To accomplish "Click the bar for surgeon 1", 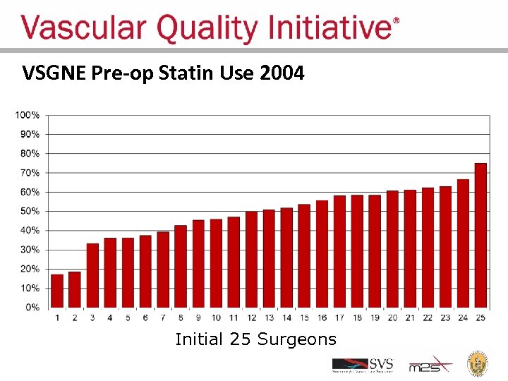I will pyautogui.click(x=57, y=291).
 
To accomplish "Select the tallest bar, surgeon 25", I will pyautogui.click(x=480, y=236).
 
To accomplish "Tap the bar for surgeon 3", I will pyautogui.click(x=92, y=276).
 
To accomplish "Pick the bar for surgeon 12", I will pyautogui.click(x=251, y=260).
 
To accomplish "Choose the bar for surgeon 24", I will pyautogui.click(x=463, y=244).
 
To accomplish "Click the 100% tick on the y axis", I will pyautogui.click(x=28, y=114).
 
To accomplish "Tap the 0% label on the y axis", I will pyautogui.click(x=32, y=308).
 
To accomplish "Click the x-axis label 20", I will pyautogui.click(x=392, y=317).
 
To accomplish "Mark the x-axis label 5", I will pyautogui.click(x=128, y=317).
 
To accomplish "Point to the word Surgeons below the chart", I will pyautogui.click(x=297, y=339).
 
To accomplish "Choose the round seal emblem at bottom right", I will pyautogui.click(x=479, y=363).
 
